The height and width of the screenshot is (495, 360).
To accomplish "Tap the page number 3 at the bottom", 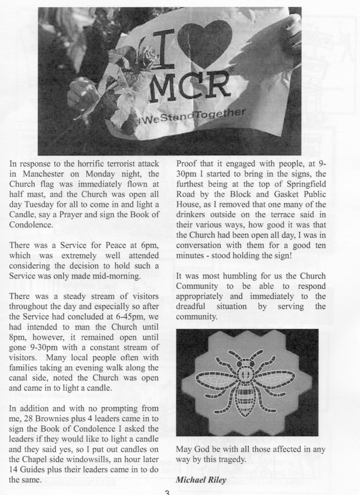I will pos(167,491).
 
